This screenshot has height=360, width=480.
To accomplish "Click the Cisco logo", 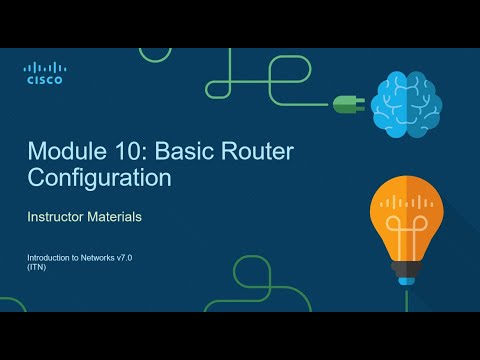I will [43, 73].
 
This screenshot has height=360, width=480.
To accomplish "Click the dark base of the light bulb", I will [408, 274].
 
